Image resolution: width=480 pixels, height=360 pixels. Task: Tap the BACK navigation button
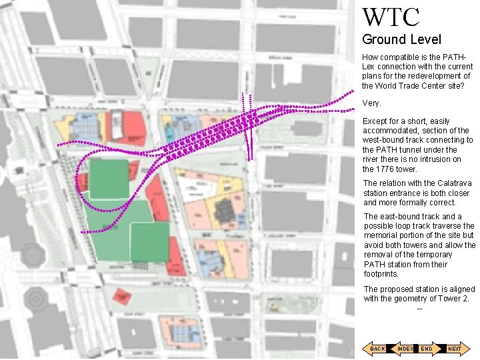(377, 349)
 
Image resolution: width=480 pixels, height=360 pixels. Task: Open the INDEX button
(404, 349)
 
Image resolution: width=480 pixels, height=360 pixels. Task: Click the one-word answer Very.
(371, 103)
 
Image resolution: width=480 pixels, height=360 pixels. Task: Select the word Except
(374, 121)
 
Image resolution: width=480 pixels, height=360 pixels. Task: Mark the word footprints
(381, 274)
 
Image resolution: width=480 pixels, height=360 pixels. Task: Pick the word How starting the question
(370, 57)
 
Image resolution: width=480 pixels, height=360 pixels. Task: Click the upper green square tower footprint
(109, 179)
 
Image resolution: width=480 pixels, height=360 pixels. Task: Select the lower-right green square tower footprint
(149, 242)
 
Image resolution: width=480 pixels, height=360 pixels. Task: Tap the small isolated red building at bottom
(121, 296)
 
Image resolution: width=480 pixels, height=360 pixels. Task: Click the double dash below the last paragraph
(419, 307)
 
